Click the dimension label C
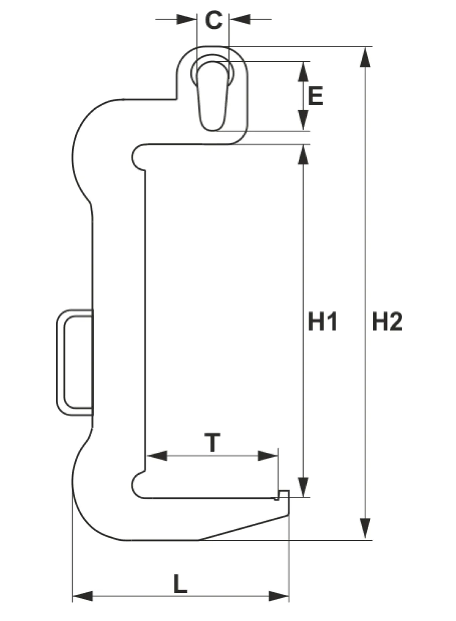(214, 20)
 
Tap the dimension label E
(315, 96)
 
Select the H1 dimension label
(322, 322)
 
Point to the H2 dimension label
(387, 322)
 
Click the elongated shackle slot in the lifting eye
(213, 96)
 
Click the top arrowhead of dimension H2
(365, 57)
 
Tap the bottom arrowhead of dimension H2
(365, 529)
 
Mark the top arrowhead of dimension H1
(303, 155)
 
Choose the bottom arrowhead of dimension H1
(303, 487)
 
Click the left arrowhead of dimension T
(157, 455)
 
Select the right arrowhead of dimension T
(268, 455)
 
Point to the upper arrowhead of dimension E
(303, 71)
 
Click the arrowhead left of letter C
(187, 19)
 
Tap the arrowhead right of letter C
(240, 19)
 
